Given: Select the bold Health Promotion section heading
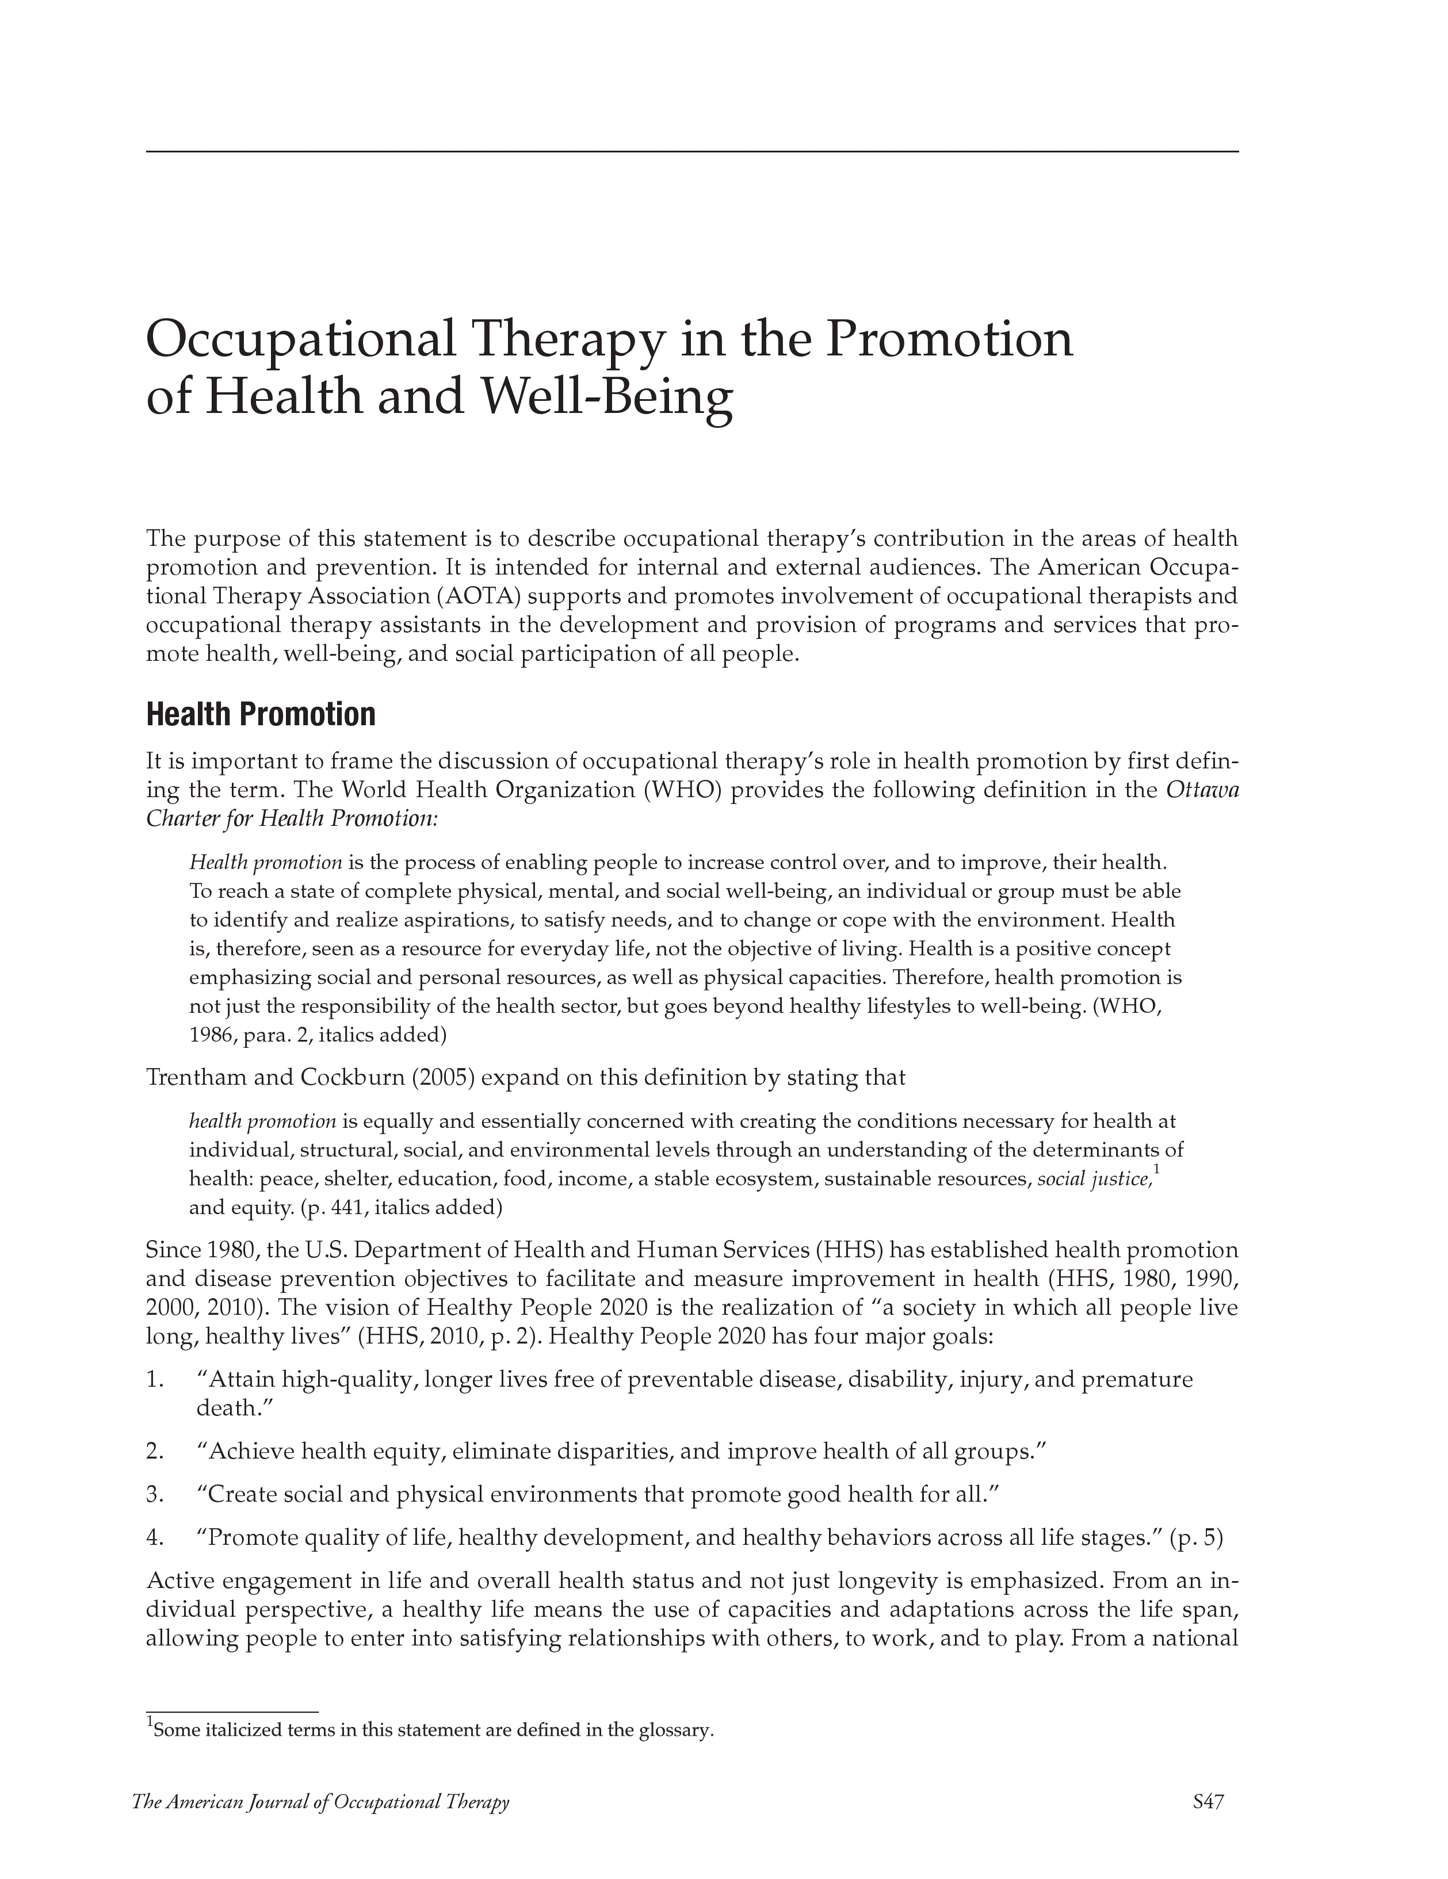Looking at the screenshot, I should [261, 714].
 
